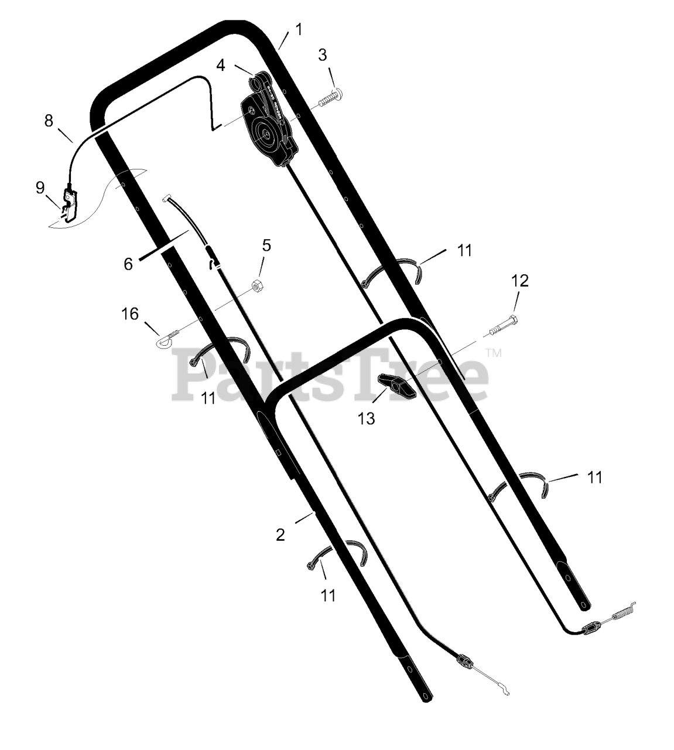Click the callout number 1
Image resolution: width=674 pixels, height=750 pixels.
click(298, 29)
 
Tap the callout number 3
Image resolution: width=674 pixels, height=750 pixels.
click(322, 55)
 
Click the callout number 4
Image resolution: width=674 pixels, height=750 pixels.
click(221, 66)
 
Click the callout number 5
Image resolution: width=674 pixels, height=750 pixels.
click(266, 246)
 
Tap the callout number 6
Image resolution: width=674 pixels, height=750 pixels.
click(128, 264)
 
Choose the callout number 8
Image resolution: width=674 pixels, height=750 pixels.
click(49, 121)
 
